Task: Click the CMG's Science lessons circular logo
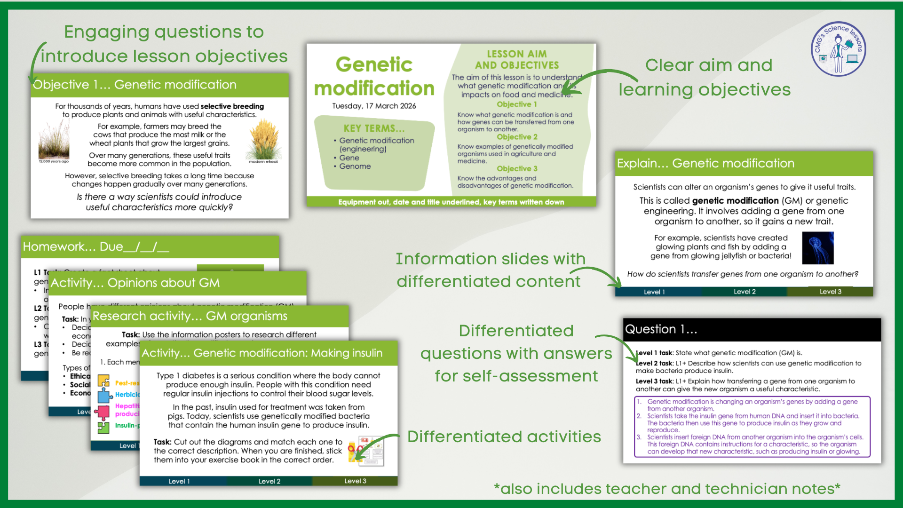click(x=838, y=49)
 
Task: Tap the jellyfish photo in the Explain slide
click(x=817, y=248)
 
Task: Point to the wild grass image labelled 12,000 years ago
click(x=54, y=140)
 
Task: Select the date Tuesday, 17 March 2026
click(x=374, y=106)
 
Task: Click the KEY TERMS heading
click(x=374, y=128)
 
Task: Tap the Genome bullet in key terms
click(x=355, y=167)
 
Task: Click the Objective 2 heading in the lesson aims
click(x=517, y=137)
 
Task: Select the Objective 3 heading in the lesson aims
click(x=517, y=168)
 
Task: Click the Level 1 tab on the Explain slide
click(x=654, y=292)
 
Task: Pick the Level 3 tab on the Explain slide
click(x=830, y=292)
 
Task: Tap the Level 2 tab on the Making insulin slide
click(x=269, y=481)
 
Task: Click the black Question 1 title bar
click(x=752, y=329)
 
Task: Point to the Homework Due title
click(x=96, y=247)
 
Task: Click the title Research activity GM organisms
click(x=190, y=316)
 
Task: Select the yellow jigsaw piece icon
click(x=103, y=380)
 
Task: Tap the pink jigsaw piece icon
click(x=102, y=412)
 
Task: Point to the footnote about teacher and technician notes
click(x=667, y=489)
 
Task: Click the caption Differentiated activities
click(x=504, y=437)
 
